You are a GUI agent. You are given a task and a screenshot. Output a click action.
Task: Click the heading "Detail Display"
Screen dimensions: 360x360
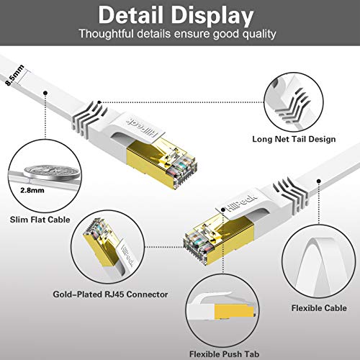(x=176, y=16)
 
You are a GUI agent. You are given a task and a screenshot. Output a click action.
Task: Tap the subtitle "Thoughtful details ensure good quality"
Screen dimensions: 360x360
(x=178, y=34)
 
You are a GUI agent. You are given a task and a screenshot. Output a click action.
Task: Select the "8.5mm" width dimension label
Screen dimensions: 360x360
(x=15, y=75)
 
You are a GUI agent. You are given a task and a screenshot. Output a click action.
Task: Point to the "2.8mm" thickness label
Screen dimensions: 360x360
(x=32, y=191)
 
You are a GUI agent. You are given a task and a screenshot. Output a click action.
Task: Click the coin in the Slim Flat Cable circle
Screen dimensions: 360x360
(x=51, y=171)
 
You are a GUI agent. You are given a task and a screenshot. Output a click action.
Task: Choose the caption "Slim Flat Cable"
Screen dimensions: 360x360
(x=40, y=220)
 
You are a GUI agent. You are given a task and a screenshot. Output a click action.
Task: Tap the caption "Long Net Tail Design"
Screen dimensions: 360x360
(x=294, y=139)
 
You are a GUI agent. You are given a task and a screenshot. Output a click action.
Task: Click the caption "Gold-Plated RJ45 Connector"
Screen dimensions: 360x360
(x=110, y=294)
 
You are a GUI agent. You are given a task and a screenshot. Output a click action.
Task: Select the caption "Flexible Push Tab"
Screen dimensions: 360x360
(x=224, y=354)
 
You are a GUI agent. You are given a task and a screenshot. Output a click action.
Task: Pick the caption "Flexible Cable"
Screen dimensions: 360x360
(x=319, y=308)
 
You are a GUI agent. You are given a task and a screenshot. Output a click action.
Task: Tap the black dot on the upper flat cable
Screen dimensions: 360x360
(x=45, y=93)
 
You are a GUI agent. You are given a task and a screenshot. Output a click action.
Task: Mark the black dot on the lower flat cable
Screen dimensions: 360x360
(x=319, y=181)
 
